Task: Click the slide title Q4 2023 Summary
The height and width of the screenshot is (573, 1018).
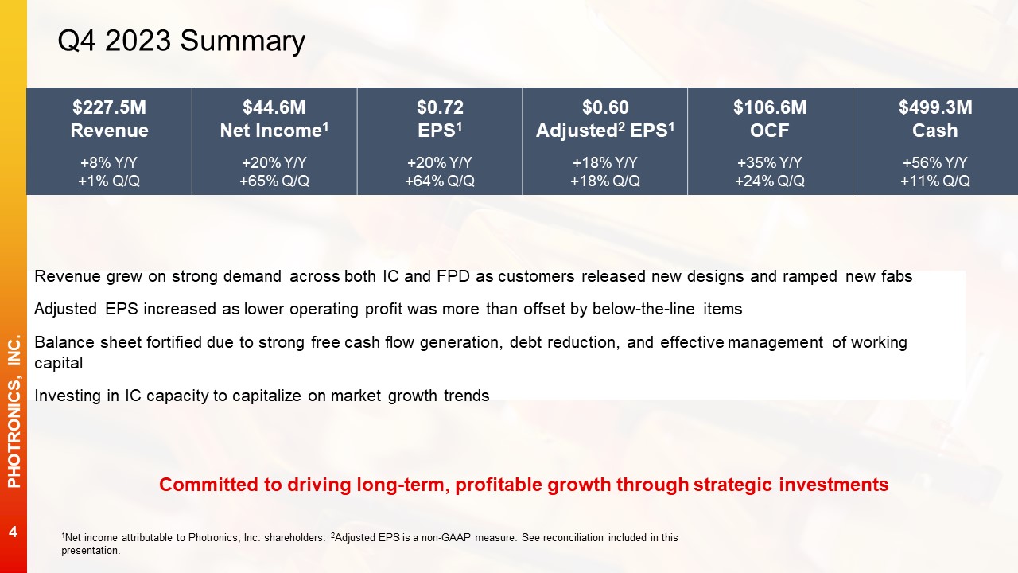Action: point(181,41)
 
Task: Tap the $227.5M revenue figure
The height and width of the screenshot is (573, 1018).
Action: point(109,107)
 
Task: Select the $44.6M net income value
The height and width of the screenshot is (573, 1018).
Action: point(274,107)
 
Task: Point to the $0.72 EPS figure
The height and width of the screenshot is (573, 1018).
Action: point(440,107)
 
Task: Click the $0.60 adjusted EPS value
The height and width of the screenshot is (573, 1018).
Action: point(605,107)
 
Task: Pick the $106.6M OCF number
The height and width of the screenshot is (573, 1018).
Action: point(770,107)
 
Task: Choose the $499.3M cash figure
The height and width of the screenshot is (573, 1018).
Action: point(935,107)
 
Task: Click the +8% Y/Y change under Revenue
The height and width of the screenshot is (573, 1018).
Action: point(109,162)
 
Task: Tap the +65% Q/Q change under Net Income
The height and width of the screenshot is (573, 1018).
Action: point(274,181)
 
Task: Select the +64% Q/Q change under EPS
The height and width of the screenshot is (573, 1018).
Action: point(440,181)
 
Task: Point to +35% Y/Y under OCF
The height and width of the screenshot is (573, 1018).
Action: point(769,162)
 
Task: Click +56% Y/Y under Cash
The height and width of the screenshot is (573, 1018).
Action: point(934,162)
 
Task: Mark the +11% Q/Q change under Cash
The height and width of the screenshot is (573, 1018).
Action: point(934,181)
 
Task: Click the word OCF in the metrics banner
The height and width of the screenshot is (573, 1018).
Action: point(769,131)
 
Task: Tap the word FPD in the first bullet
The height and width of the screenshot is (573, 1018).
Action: point(453,276)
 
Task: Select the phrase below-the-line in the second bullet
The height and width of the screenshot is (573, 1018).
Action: point(643,310)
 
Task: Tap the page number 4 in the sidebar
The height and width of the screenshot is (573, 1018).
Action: point(13,532)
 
